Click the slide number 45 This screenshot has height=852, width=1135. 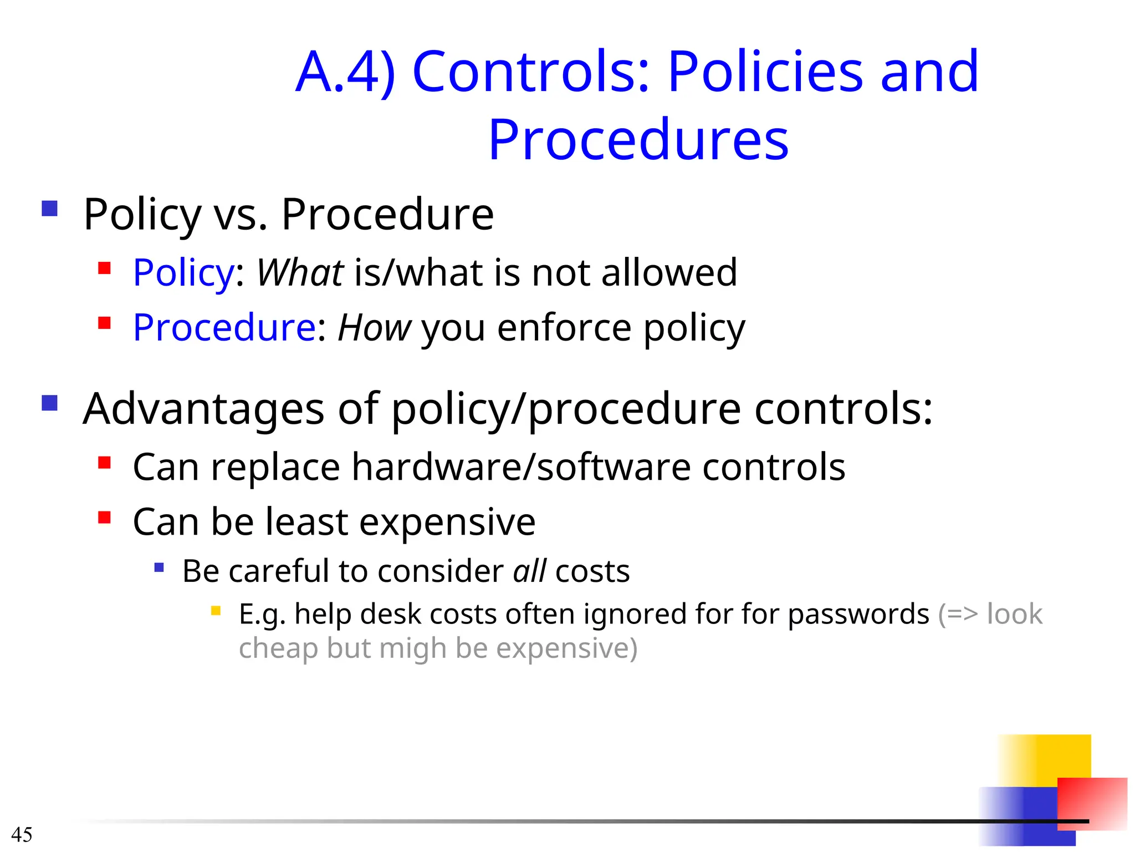22,834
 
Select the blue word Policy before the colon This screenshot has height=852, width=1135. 183,273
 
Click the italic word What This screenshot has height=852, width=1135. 300,273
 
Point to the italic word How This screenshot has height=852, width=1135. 374,328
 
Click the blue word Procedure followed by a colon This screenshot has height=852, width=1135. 224,328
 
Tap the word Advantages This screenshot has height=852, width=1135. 203,409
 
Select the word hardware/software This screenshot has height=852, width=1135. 521,467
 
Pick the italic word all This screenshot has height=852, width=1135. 529,571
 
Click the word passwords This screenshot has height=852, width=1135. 858,615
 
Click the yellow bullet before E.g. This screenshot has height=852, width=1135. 216,611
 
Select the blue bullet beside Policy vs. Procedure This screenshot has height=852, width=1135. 50,209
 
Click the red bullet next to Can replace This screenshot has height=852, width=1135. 104,462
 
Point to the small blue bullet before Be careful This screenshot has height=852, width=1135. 159,567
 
